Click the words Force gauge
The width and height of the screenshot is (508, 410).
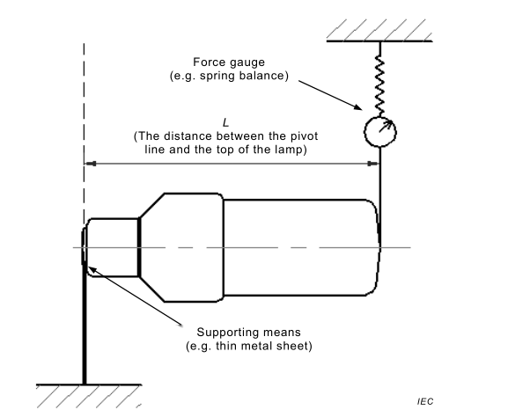[x=229, y=62]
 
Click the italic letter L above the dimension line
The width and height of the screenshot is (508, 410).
[x=225, y=123]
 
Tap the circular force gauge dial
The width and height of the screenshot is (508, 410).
[x=380, y=132]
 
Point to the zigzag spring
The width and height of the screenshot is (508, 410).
[x=379, y=86]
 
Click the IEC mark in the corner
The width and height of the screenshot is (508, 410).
[x=425, y=401]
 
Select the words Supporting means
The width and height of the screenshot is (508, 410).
[x=249, y=333]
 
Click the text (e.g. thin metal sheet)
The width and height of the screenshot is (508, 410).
[x=249, y=346]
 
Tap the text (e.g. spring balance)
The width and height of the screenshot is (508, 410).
[x=229, y=76]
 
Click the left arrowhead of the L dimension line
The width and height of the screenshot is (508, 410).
[x=91, y=164]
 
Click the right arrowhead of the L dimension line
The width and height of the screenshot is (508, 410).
[x=373, y=164]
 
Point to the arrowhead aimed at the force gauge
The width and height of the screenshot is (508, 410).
[x=358, y=107]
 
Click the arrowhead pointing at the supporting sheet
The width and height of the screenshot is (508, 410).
[x=93, y=269]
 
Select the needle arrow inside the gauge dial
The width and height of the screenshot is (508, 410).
[x=386, y=127]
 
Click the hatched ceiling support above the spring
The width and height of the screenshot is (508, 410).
[x=379, y=31]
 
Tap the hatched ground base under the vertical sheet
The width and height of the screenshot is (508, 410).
[x=89, y=396]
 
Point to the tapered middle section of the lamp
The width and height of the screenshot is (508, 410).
[x=181, y=248]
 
